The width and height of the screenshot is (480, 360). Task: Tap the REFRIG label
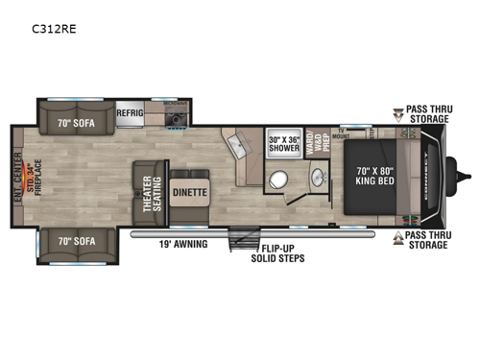pyautogui.click(x=131, y=112)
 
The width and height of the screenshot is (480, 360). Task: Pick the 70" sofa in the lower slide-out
pyautogui.click(x=77, y=241)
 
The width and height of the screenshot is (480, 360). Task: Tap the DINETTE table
pyautogui.click(x=188, y=191)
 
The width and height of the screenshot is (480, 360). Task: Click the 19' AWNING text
pyautogui.click(x=183, y=244)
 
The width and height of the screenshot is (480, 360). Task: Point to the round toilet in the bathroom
pyautogui.click(x=278, y=180)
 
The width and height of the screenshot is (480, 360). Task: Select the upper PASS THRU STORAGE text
pyautogui.click(x=427, y=115)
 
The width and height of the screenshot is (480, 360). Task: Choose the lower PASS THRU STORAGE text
pyautogui.click(x=426, y=239)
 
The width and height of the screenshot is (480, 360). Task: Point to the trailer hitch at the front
pyautogui.click(x=468, y=176)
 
